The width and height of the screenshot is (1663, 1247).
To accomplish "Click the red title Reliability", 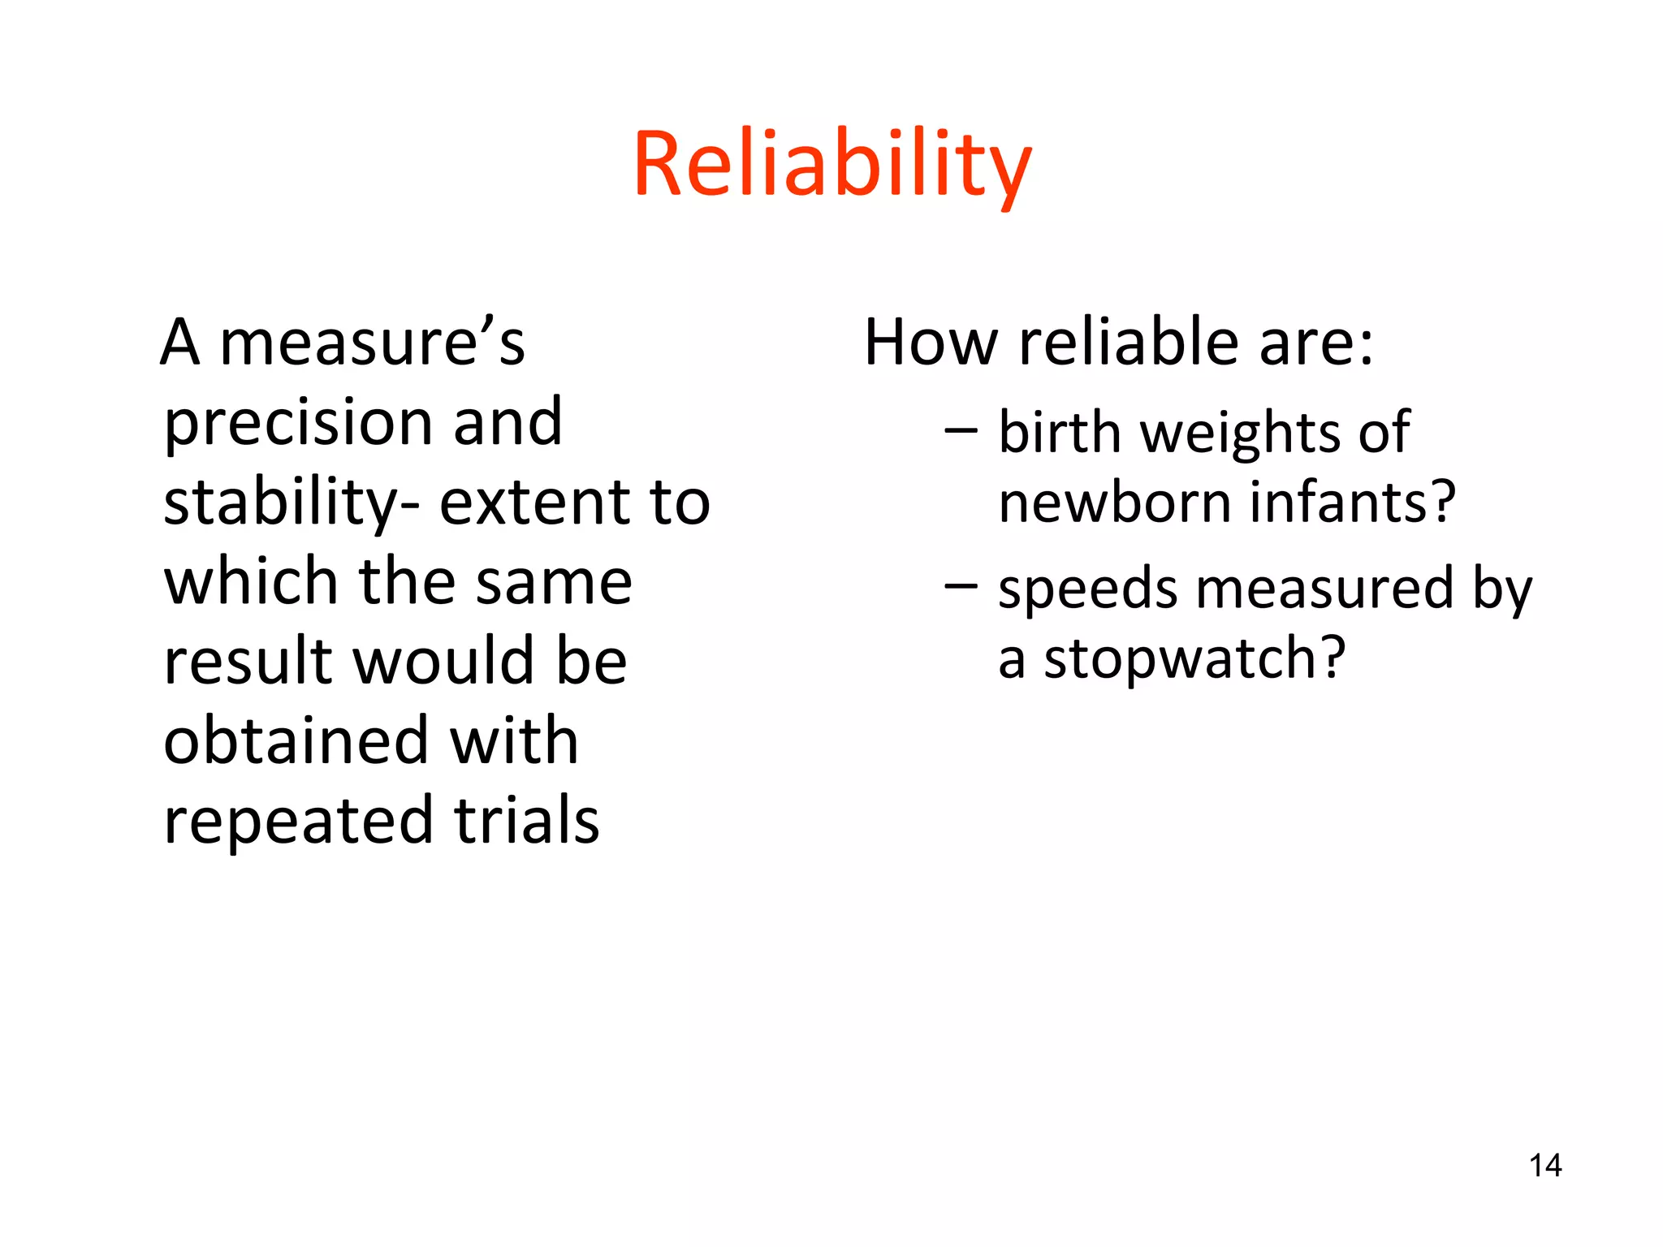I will (x=831, y=165).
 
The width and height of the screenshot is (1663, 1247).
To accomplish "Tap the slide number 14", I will (x=1544, y=1166).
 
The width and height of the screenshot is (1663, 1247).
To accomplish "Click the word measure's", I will (x=372, y=343).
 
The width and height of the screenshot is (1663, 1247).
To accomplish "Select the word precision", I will (x=297, y=424).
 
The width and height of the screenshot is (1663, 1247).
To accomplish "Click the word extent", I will (x=533, y=503).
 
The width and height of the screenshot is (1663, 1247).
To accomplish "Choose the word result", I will (x=248, y=661).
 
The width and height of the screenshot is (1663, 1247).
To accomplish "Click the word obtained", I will (x=296, y=740).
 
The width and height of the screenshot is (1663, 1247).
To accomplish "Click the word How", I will (x=931, y=343).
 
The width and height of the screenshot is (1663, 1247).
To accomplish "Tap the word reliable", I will (x=1129, y=343).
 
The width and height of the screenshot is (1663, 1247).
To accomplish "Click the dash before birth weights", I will (x=961, y=430).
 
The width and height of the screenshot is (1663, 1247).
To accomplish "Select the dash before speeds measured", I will (x=961, y=585).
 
